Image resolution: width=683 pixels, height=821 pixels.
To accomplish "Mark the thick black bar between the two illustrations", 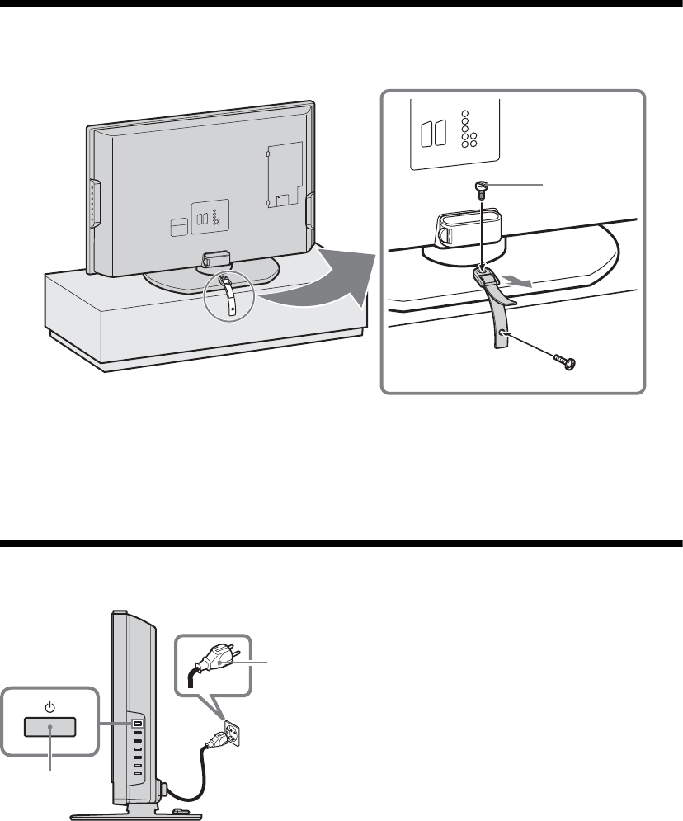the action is coord(341,544).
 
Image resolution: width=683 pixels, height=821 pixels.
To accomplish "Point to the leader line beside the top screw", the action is coord(520,184).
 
